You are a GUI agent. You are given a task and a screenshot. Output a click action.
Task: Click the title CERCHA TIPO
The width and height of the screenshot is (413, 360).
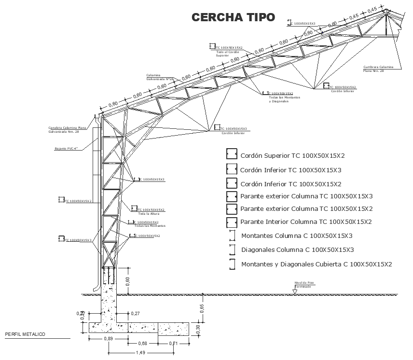click(x=234, y=17)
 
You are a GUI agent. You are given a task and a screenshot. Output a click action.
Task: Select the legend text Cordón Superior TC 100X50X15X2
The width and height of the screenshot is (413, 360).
click(x=292, y=155)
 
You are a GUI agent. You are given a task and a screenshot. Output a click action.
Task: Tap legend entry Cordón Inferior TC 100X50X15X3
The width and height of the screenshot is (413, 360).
click(x=290, y=170)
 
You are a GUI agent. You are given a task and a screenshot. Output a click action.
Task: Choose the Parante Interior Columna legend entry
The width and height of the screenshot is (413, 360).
click(x=306, y=222)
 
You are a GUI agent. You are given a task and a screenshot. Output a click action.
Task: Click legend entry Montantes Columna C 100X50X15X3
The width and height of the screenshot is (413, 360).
click(x=296, y=236)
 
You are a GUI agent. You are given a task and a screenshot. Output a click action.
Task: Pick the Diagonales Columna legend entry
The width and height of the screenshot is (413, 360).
click(x=297, y=250)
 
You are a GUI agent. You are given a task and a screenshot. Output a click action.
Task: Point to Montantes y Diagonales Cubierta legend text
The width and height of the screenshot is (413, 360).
click(x=317, y=264)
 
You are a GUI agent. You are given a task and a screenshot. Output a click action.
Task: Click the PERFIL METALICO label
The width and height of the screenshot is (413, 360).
click(x=25, y=334)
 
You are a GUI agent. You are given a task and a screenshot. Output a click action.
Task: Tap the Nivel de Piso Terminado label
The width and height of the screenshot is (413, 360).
click(x=304, y=285)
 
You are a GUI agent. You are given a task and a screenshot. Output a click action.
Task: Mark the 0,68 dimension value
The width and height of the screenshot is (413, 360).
click(x=142, y=344)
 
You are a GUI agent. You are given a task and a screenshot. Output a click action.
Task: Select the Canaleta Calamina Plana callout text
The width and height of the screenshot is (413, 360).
click(x=67, y=129)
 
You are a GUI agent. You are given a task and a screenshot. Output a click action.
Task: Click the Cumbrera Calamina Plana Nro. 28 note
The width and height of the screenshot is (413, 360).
click(x=378, y=69)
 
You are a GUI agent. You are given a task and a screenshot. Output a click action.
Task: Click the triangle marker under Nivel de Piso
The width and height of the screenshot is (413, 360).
click(x=295, y=291)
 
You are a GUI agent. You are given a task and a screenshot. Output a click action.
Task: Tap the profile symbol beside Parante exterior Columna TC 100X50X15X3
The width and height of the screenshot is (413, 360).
click(x=232, y=196)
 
